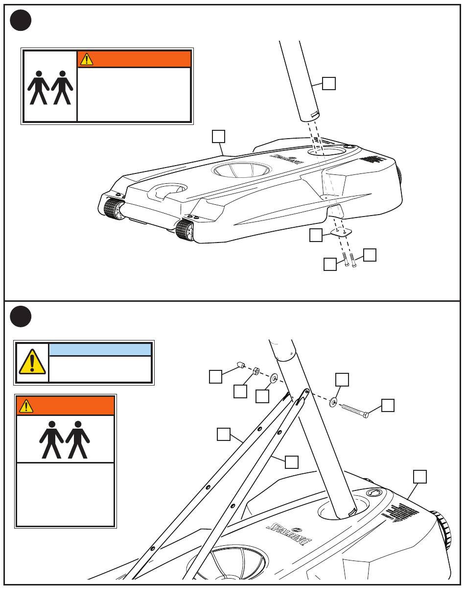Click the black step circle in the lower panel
[x=21, y=316]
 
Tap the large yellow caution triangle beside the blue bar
[x=32, y=363]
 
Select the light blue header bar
[x=100, y=349]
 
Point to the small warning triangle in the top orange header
[x=87, y=59]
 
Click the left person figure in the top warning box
[x=38, y=88]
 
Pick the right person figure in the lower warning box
[x=78, y=439]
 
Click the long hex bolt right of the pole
[x=354, y=410]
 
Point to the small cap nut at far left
[x=241, y=365]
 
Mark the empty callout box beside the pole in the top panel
[x=329, y=84]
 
